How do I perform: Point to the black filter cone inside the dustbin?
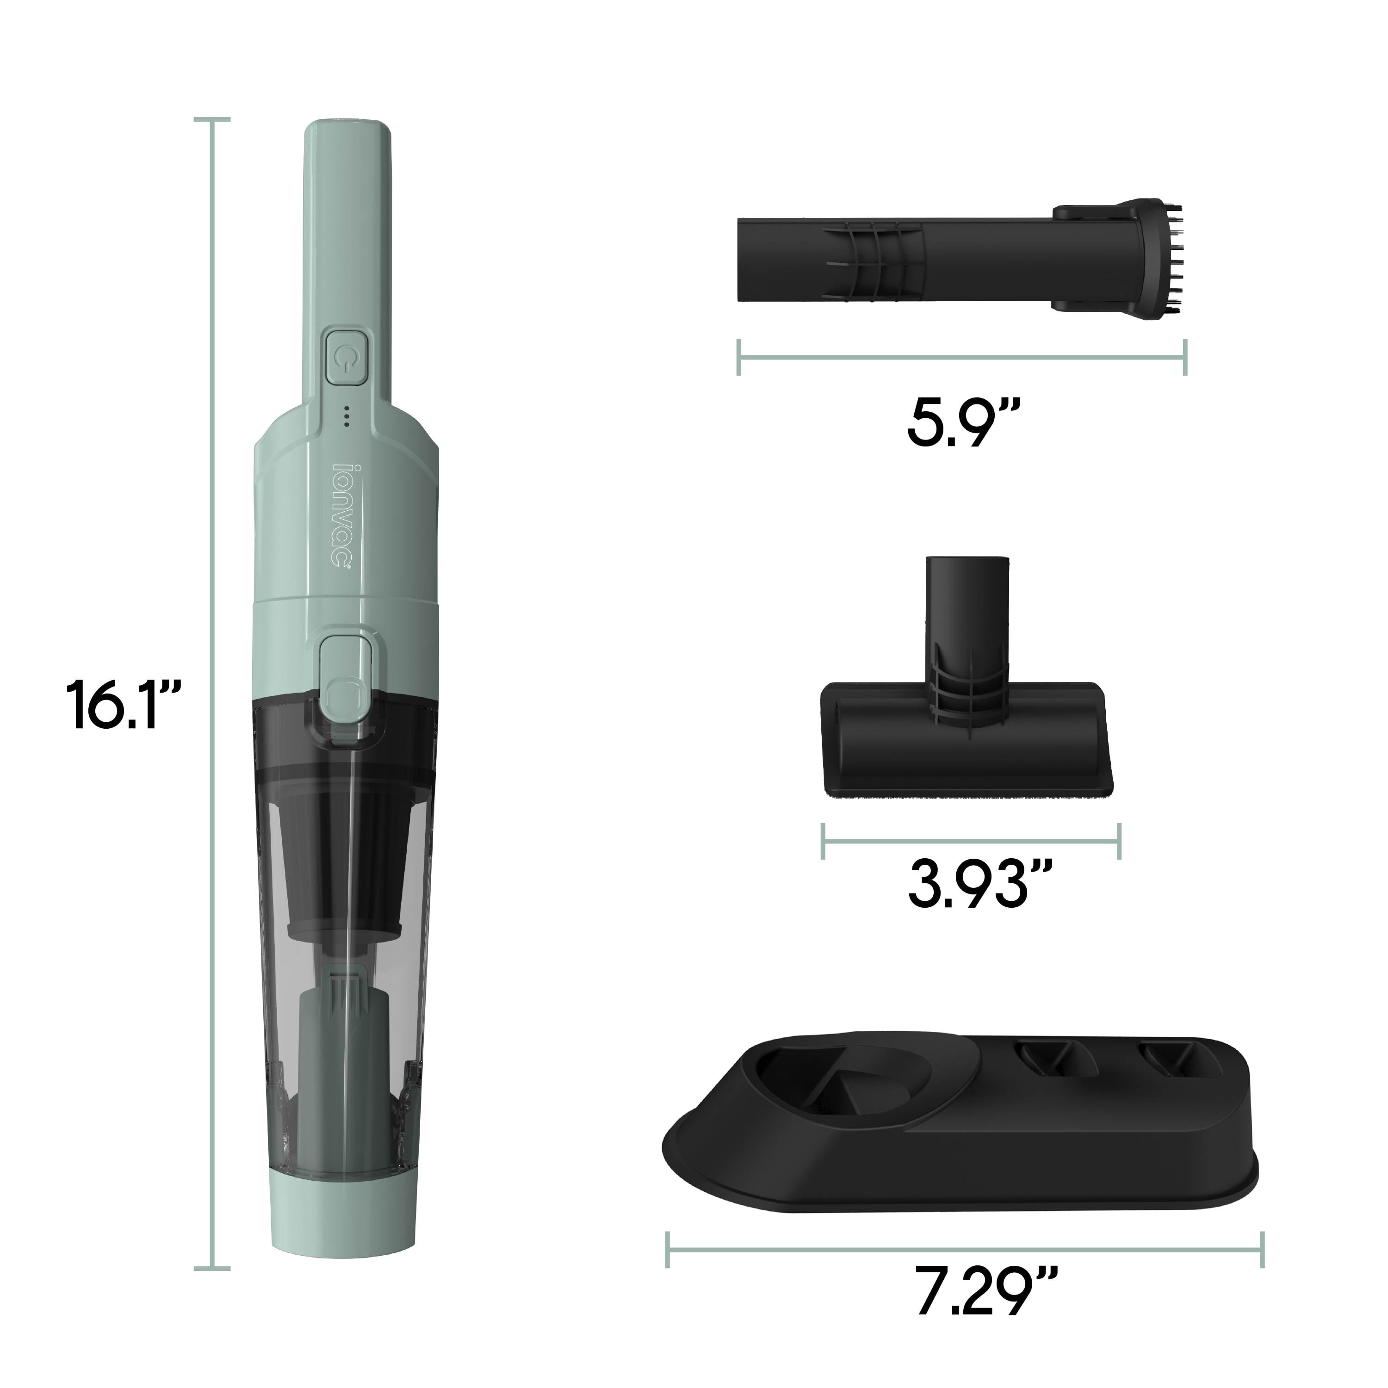pos(346,862)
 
